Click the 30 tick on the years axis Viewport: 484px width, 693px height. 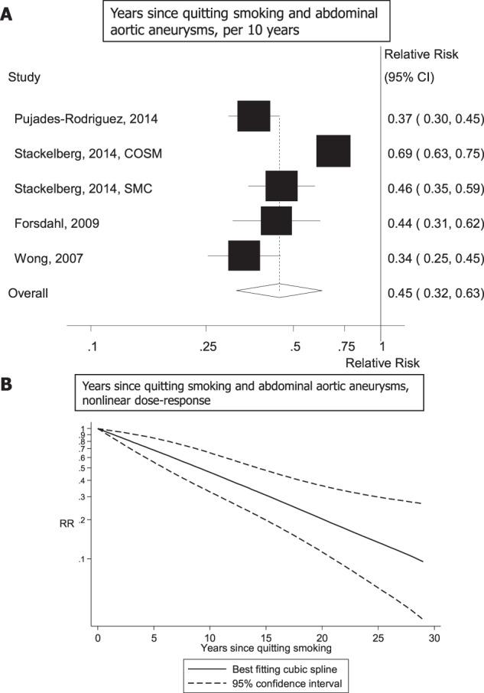tap(434, 637)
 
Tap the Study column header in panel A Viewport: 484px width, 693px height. tap(24, 76)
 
